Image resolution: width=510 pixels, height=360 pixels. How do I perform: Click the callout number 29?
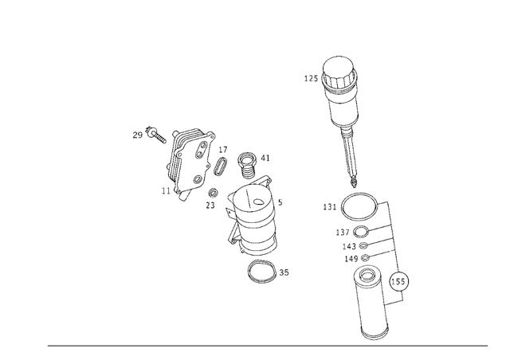click(137, 135)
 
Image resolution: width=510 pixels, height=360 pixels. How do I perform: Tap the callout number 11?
click(165, 191)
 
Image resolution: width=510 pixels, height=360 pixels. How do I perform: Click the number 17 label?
click(223, 150)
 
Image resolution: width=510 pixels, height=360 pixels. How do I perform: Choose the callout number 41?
click(265, 158)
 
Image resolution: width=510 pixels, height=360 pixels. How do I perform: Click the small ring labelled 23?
click(214, 193)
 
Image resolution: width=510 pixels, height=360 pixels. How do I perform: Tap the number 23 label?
click(210, 205)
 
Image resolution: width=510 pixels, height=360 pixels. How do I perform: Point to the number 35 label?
click(284, 272)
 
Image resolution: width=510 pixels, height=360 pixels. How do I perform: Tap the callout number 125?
click(311, 78)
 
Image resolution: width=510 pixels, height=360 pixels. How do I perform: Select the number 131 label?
click(330, 207)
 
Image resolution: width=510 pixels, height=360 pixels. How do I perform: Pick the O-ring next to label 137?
click(361, 233)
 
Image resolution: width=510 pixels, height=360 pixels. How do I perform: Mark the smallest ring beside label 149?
click(364, 258)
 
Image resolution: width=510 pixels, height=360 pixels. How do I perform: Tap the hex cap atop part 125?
click(339, 67)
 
